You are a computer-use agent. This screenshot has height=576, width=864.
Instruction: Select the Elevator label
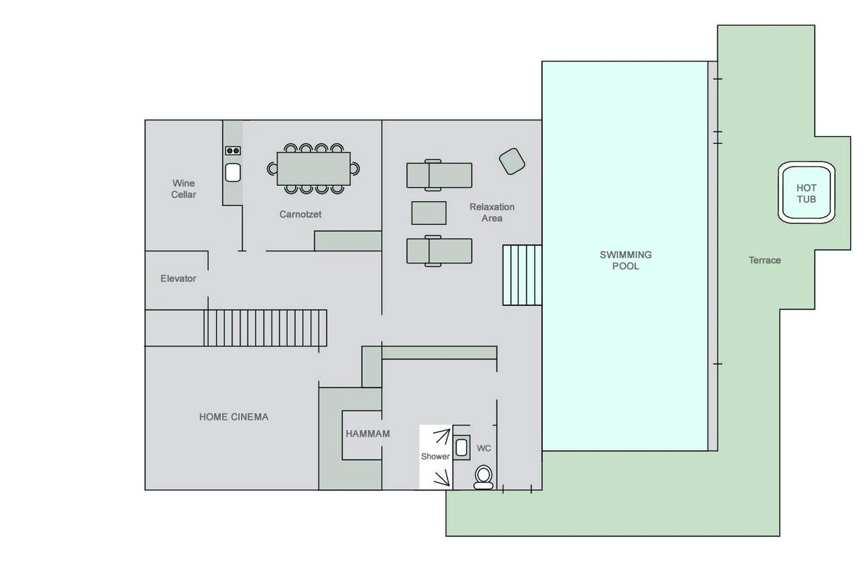[178, 278]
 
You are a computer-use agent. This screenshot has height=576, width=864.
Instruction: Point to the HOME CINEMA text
[234, 417]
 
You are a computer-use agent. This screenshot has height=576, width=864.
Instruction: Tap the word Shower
[435, 456]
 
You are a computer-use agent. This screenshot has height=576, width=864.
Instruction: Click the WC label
[483, 448]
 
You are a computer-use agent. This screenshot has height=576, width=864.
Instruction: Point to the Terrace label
[765, 260]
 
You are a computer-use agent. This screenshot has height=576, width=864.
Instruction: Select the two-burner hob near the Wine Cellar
[233, 151]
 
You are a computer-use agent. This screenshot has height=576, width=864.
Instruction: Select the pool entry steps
[522, 275]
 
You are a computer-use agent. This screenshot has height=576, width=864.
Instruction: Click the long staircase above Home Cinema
[265, 328]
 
